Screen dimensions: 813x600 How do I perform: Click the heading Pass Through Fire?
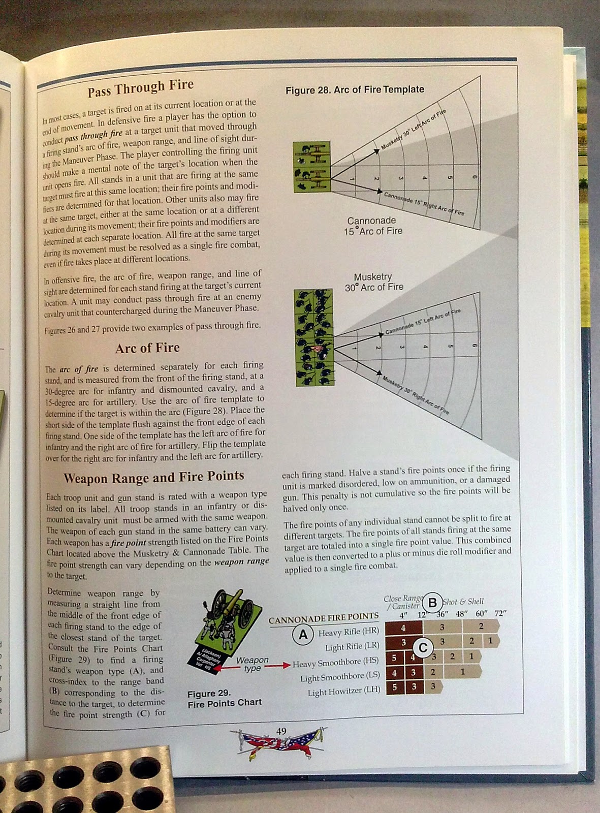tap(140, 87)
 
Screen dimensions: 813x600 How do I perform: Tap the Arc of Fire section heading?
tap(147, 348)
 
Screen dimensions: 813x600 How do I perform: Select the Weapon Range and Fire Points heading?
tap(153, 477)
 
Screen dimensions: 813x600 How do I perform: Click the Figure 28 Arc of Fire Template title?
tap(355, 89)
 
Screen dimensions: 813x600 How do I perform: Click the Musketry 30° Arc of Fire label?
tap(374, 282)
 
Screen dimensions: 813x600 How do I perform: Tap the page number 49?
tap(281, 731)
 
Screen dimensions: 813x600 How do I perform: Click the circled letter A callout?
tap(303, 635)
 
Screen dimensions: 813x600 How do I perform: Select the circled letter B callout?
tap(432, 603)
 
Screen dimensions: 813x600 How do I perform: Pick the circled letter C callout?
tap(423, 648)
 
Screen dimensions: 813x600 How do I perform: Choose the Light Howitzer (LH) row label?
tap(343, 692)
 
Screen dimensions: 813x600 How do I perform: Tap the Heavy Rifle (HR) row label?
tap(349, 633)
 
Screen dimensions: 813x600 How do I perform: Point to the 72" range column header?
tap(500, 613)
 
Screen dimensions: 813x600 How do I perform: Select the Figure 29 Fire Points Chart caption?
tap(224, 698)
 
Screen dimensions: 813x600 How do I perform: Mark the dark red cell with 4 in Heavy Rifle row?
tap(403, 628)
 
